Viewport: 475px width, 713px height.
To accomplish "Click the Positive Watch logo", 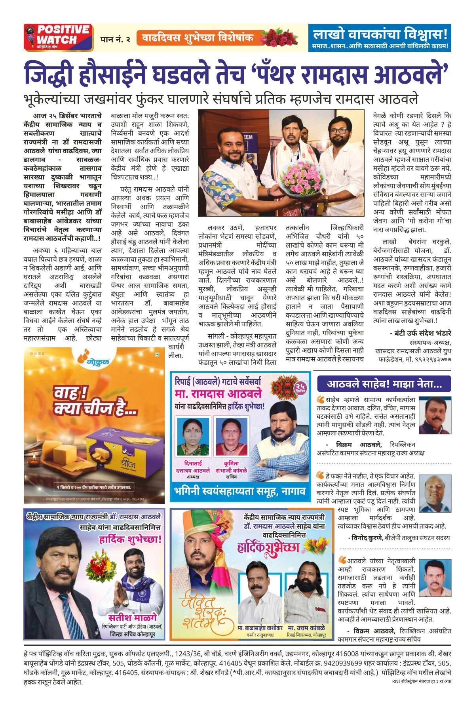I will click(x=59, y=37).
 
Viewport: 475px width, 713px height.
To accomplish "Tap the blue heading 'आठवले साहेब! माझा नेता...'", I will click(x=384, y=384).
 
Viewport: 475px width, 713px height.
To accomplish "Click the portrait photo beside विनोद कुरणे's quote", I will click(x=435, y=493).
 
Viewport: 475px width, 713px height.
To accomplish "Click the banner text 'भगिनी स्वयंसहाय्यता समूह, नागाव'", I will click(x=240, y=492).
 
